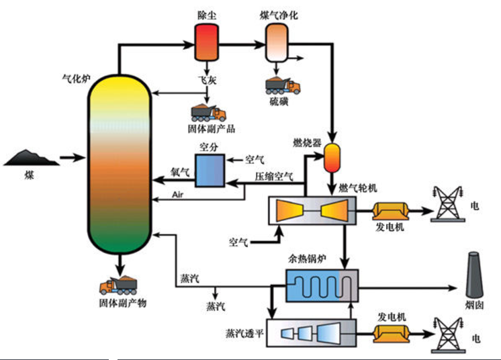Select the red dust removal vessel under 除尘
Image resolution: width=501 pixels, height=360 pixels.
tap(204, 40)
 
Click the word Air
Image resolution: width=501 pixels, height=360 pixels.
tap(178, 194)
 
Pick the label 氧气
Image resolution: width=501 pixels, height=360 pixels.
tap(181, 173)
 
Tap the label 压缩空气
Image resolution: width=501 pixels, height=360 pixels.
tap(274, 177)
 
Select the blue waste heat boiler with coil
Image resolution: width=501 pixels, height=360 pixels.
tap(321, 286)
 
